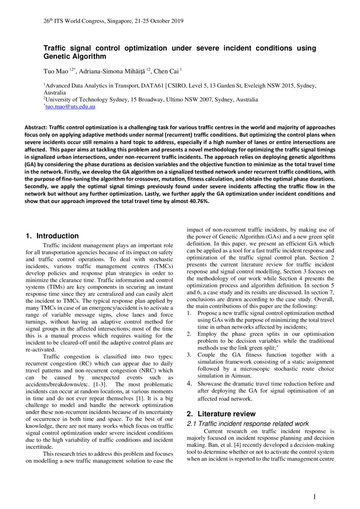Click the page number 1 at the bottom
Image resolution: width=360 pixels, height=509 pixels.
pos(315,497)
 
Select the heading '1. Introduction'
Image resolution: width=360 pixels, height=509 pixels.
pos(52,236)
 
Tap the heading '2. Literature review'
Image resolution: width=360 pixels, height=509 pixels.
pos(221,414)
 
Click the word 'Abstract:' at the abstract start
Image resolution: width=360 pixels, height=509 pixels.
pos(36,128)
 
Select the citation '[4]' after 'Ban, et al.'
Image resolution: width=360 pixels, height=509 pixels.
pos(234,445)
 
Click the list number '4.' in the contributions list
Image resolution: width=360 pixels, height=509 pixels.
pos(190,384)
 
